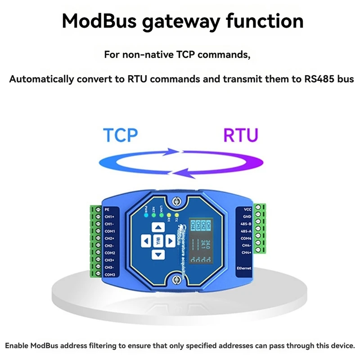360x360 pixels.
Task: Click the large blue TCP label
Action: (120, 135)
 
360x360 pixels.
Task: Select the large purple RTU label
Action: (241, 135)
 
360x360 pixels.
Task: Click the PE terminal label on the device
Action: (107, 209)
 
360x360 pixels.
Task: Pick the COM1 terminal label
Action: (110, 231)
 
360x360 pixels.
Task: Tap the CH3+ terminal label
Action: (110, 260)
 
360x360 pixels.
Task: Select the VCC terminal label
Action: (247, 209)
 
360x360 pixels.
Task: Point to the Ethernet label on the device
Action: (244, 268)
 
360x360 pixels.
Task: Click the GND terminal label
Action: (247, 216)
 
